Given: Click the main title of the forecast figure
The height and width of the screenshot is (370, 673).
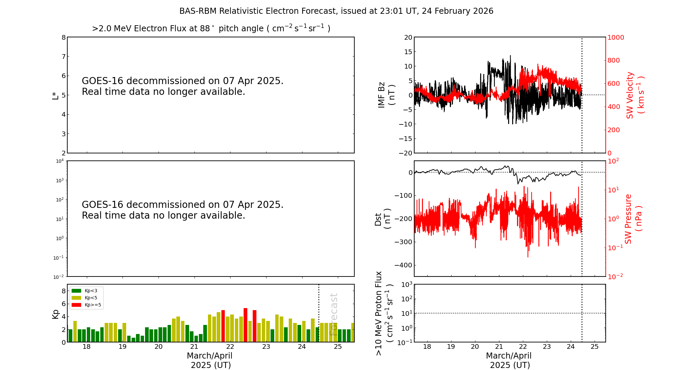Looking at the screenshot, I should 336,11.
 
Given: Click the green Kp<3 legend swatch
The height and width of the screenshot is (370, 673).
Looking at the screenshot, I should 76,291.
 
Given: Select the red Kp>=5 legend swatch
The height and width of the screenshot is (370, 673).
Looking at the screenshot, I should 76,305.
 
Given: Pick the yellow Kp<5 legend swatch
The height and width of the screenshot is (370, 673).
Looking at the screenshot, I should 76,298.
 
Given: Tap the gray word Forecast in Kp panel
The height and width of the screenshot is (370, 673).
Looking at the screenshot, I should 333,314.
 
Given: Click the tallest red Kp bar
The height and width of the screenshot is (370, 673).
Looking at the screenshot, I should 245,325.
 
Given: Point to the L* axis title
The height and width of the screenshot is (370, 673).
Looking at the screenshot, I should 55,95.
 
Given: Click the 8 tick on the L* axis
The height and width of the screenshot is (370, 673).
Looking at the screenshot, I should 64,37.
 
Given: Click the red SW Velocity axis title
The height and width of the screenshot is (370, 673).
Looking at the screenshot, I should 635,95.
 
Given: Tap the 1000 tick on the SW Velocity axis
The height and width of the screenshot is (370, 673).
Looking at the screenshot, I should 615,37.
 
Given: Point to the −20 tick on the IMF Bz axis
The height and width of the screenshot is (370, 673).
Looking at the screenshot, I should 405,153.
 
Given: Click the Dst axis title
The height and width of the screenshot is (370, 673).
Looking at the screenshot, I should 382,219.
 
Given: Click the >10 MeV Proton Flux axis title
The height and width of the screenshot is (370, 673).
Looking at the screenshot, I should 384,313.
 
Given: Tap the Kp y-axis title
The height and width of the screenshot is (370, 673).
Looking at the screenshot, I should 55,314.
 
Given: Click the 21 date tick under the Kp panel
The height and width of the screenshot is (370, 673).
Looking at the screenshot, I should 194,347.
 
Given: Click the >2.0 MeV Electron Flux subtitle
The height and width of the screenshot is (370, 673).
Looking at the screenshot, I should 211,28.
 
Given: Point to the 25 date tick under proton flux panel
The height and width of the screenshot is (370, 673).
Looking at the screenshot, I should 595,347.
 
